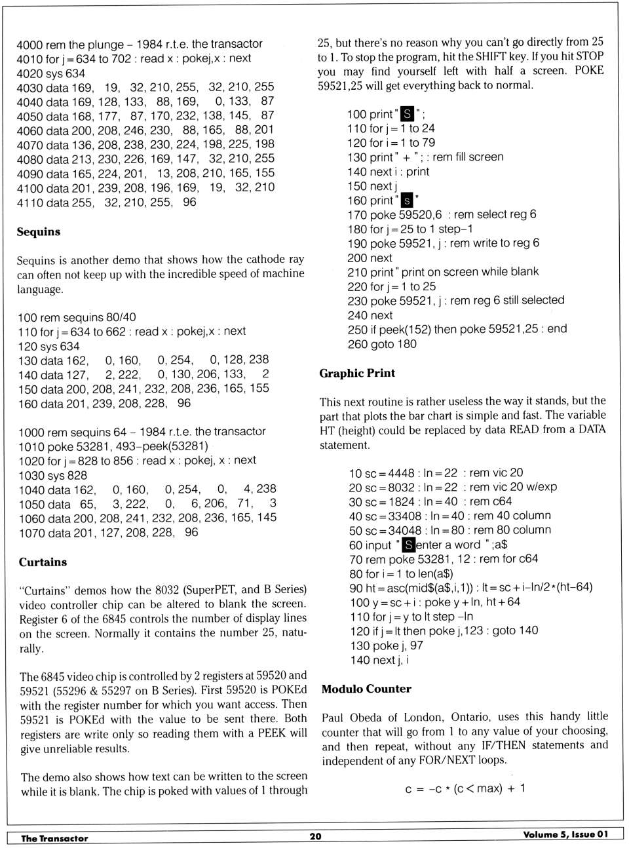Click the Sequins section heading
coord(39,232)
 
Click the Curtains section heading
coord(43,562)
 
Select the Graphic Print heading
coord(357,374)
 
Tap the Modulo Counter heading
coord(366,689)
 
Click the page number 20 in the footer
coord(315,837)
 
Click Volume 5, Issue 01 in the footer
coord(565,835)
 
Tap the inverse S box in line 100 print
coord(407,114)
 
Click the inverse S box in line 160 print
coord(407,201)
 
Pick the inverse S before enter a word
coord(408,545)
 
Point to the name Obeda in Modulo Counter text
coord(366,717)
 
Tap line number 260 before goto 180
coord(358,344)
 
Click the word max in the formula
coord(489,788)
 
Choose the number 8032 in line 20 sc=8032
coord(401,487)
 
